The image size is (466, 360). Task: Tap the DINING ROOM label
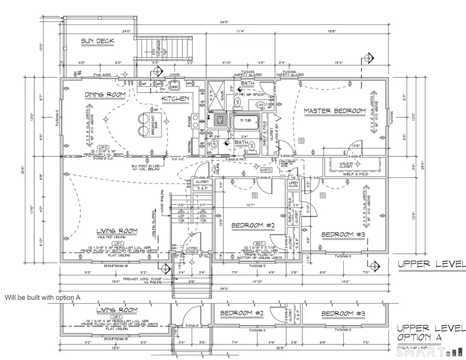point(106,95)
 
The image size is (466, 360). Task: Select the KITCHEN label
point(175,99)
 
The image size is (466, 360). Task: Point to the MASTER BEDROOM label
point(334,111)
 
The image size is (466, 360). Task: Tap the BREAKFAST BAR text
point(154,126)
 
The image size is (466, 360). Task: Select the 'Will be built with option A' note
point(42,298)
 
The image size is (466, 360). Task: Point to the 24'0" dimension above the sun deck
point(126,32)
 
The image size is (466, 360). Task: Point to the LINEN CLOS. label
point(293,185)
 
